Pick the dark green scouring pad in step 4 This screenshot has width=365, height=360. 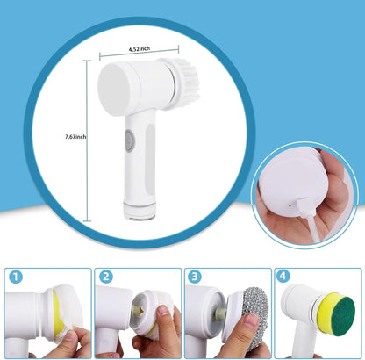[x=343, y=312]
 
